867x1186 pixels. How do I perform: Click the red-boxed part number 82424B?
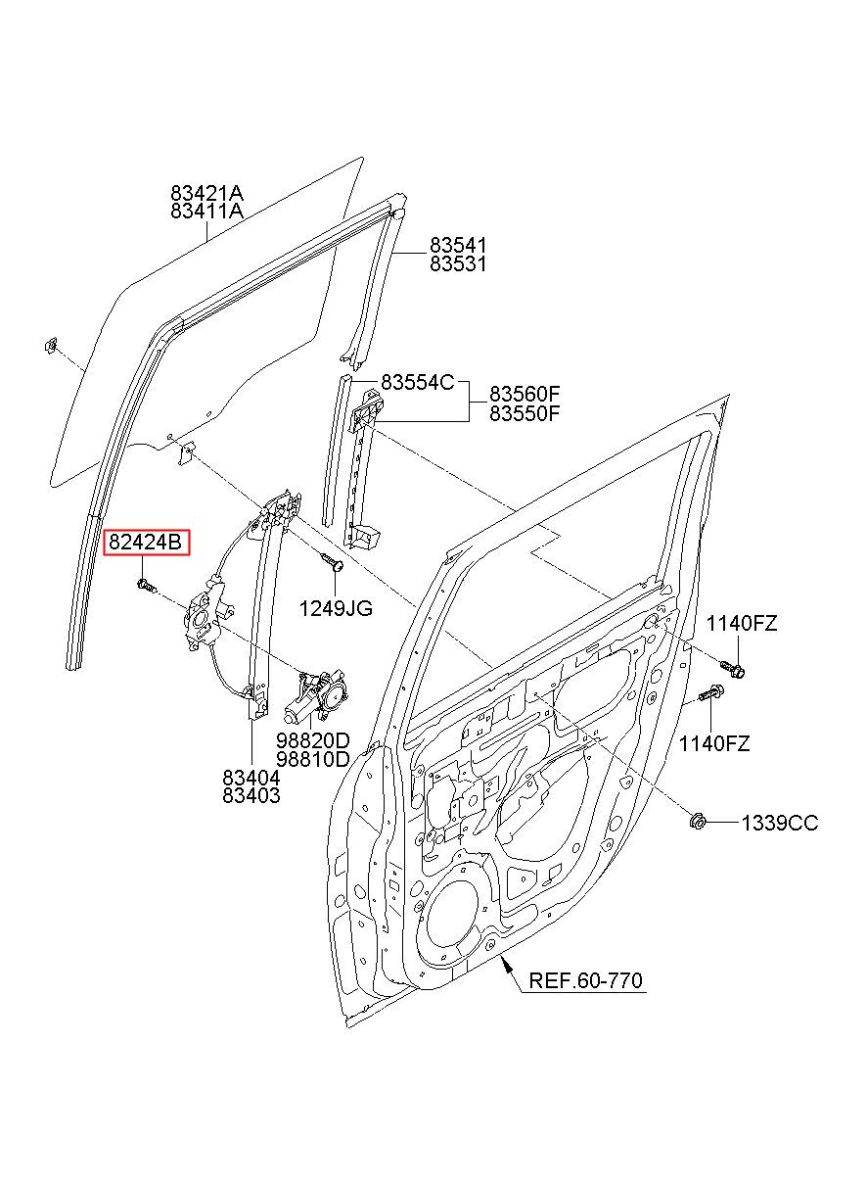(146, 543)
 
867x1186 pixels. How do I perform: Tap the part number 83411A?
(206, 212)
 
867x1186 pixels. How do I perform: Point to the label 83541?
(458, 245)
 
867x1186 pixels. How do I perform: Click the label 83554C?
(418, 382)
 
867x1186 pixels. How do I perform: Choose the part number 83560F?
(525, 394)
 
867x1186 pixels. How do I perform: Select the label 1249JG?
(336, 609)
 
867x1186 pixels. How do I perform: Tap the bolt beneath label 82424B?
(147, 585)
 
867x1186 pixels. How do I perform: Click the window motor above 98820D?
(316, 694)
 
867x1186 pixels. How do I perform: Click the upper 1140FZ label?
(742, 624)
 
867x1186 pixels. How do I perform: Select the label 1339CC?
(780, 824)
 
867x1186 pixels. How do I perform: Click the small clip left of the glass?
(51, 347)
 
